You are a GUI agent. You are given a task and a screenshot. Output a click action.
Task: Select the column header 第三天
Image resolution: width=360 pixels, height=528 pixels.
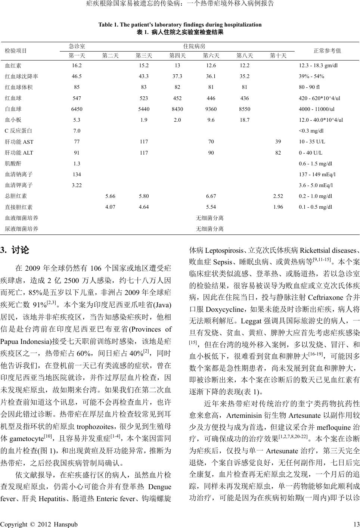coord(144,56)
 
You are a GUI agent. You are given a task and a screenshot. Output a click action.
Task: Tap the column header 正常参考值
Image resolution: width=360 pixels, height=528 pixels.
coord(327,50)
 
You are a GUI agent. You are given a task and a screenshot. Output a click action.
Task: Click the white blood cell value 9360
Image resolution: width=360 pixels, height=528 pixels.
coord(211,109)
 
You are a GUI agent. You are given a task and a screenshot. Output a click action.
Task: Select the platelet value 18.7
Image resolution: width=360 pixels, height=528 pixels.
coord(245,120)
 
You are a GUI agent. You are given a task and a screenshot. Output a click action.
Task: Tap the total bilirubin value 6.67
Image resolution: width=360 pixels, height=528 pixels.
coord(211,196)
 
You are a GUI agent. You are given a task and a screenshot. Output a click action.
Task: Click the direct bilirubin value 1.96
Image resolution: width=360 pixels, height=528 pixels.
coord(278,207)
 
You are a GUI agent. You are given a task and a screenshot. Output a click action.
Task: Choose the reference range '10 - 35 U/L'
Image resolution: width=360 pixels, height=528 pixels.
coord(312,142)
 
